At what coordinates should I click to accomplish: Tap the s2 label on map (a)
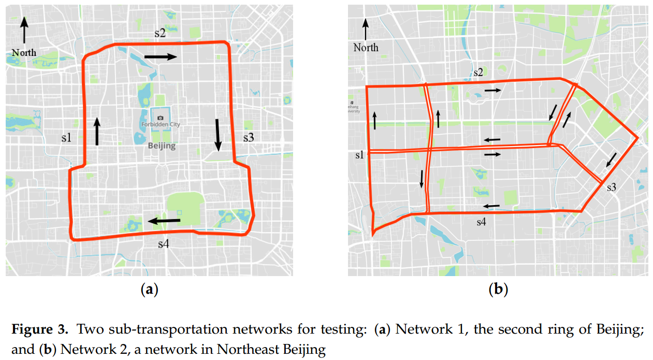pos(160,34)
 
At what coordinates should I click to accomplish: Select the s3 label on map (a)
pos(249,137)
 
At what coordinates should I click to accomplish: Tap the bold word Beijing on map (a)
pos(162,146)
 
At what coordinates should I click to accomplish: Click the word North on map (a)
pos(24,52)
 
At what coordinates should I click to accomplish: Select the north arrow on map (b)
pos(366,29)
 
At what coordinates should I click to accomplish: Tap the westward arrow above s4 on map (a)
pos(165,221)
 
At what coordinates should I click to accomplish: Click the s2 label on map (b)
pos(478,73)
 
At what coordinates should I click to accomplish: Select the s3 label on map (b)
pos(612,187)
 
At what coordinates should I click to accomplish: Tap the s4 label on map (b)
pos(482,222)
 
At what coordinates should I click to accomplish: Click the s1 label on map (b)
pos(359,154)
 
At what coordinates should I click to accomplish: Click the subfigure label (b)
pos(498,290)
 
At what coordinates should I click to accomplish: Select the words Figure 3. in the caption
pos(35,329)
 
